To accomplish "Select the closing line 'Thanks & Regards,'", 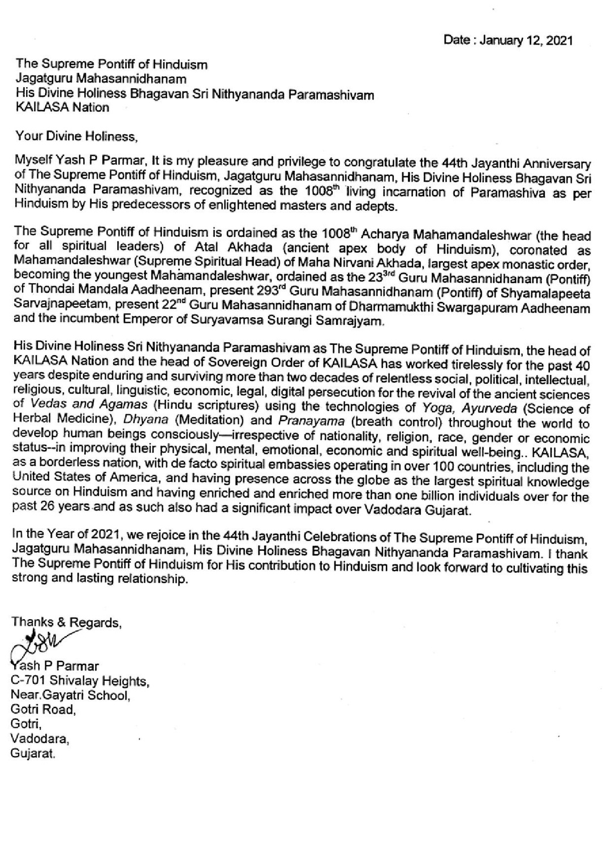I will point(67,622).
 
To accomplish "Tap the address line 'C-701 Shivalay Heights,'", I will point(80,680).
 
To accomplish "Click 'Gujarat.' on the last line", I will point(33,754).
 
